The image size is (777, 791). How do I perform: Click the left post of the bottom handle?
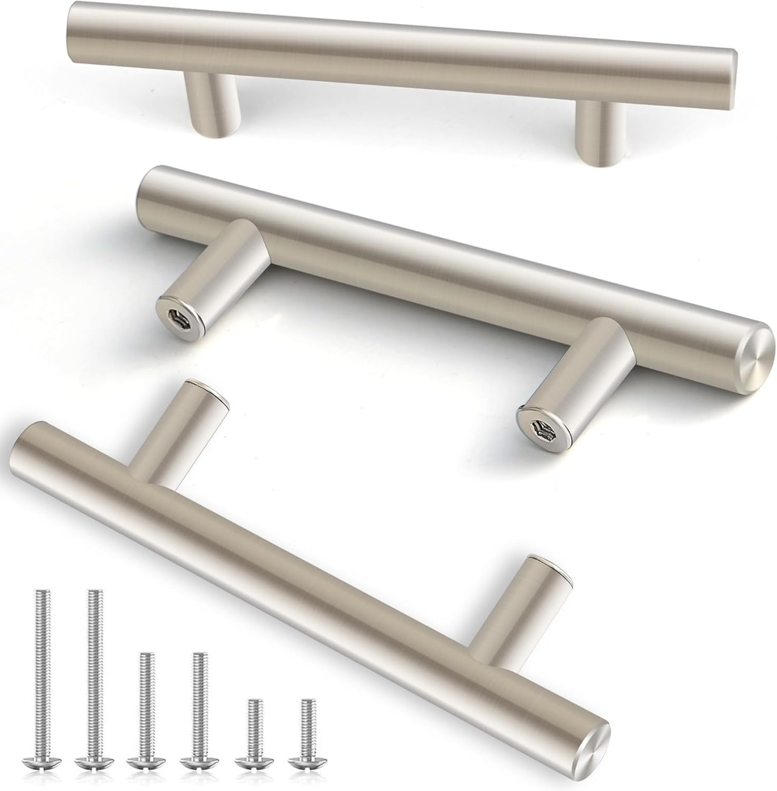[177, 433]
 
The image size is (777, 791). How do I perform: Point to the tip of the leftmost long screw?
[40, 593]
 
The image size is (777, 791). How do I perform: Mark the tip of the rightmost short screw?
[308, 701]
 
